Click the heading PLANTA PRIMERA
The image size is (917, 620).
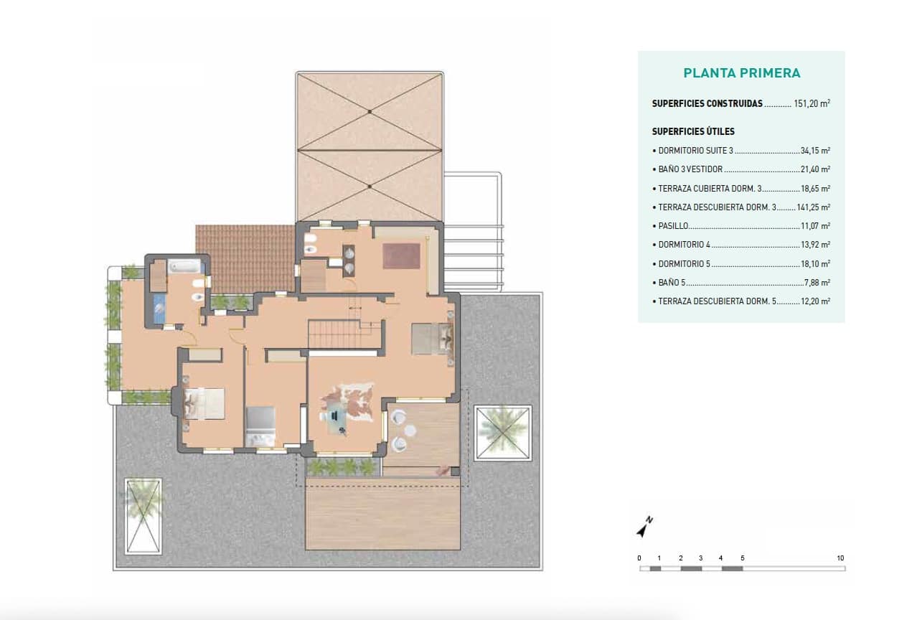point(741,73)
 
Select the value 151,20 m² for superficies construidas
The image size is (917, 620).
point(812,103)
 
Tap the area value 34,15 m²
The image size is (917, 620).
point(816,151)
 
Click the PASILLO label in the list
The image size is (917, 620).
point(673,226)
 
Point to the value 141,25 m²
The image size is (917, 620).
point(814,207)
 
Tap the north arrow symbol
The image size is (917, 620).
point(644,527)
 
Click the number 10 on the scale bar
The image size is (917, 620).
point(840,558)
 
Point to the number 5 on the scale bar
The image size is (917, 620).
point(742,558)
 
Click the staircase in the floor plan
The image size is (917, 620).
point(344,334)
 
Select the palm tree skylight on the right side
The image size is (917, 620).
point(502,433)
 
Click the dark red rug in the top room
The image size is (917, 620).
point(400,256)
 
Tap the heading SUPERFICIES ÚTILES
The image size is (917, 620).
point(693,132)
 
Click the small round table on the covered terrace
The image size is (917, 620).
point(410,431)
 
